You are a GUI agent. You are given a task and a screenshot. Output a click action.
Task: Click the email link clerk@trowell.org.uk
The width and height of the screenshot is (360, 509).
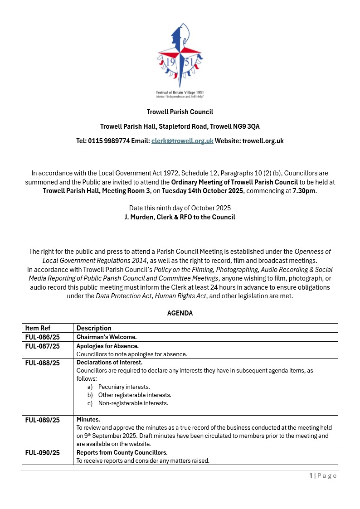(x=182, y=141)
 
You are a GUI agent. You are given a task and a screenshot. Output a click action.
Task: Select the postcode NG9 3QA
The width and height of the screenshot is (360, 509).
(x=248, y=126)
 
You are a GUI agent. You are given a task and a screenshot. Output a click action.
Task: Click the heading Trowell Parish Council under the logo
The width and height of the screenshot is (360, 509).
(x=180, y=112)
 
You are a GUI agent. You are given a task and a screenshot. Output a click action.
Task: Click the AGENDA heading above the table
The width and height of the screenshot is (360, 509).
(x=180, y=313)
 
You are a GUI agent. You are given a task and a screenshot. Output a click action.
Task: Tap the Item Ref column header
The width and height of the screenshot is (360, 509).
(x=38, y=328)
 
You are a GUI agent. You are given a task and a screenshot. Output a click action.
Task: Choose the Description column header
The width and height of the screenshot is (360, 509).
(x=94, y=328)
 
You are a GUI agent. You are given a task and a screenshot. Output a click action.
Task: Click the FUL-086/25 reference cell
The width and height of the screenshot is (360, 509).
(x=43, y=337)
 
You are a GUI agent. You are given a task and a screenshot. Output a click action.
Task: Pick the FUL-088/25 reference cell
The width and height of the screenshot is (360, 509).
(x=43, y=363)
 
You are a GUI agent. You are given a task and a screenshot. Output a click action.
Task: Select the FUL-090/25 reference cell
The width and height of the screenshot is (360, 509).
(x=43, y=453)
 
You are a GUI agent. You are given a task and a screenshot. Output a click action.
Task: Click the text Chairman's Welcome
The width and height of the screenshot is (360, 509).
(x=107, y=337)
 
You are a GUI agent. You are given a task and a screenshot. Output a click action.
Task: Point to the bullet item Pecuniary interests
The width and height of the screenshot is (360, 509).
(x=124, y=387)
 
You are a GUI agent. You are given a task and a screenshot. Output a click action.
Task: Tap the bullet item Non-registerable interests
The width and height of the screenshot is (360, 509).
(x=133, y=403)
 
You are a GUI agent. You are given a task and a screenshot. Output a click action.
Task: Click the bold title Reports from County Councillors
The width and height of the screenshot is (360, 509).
(x=122, y=453)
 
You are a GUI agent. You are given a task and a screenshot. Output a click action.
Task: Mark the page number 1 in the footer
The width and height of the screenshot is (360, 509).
(x=311, y=475)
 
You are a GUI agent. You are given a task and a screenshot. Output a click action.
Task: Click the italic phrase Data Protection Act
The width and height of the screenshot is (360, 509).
(x=117, y=296)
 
